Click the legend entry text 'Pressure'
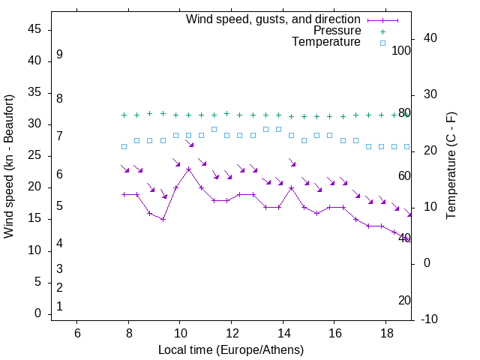click(337, 31)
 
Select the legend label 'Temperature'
click(326, 42)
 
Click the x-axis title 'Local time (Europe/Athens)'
click(231, 350)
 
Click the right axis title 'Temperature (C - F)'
click(451, 166)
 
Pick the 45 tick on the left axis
click(34, 30)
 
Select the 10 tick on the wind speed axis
click(34, 250)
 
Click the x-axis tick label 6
click(76, 332)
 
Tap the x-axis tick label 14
click(283, 332)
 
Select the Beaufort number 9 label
click(59, 55)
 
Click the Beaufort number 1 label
click(59, 307)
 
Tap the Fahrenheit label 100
click(401, 51)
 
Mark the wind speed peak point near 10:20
click(188, 169)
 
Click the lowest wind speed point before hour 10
click(163, 219)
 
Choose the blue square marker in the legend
click(382, 43)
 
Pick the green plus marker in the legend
click(382, 31)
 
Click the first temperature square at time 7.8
click(124, 146)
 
